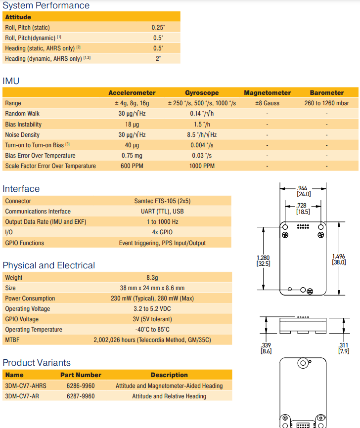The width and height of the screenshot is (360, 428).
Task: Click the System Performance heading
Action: (46, 5)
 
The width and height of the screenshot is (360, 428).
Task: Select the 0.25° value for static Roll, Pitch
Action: (158, 28)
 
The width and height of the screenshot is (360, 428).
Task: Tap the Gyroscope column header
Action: (202, 92)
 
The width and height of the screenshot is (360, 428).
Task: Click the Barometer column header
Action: (326, 92)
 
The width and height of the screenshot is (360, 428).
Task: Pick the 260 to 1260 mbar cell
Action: (326, 103)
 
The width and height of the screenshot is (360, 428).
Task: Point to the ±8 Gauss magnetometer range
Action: (267, 103)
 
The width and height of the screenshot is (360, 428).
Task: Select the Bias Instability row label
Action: (23, 124)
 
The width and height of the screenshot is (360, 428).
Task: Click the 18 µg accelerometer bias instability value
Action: (132, 124)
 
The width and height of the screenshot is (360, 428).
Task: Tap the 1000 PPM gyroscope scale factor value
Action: (202, 166)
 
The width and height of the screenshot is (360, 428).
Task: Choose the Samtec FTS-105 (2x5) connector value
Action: (162, 201)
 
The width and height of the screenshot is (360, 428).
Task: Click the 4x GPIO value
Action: (162, 232)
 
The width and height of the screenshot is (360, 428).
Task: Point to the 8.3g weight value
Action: (152, 278)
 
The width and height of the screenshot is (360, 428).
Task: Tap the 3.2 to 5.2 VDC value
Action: (152, 309)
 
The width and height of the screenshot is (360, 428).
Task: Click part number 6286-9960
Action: (81, 385)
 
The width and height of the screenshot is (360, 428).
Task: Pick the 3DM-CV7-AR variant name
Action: (22, 396)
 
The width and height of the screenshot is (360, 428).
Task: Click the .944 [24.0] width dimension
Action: (303, 191)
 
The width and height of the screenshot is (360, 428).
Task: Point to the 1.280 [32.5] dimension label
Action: (263, 260)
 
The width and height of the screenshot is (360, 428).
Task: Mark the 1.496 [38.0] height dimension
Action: (339, 259)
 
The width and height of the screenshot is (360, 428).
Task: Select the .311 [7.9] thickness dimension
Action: (343, 348)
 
